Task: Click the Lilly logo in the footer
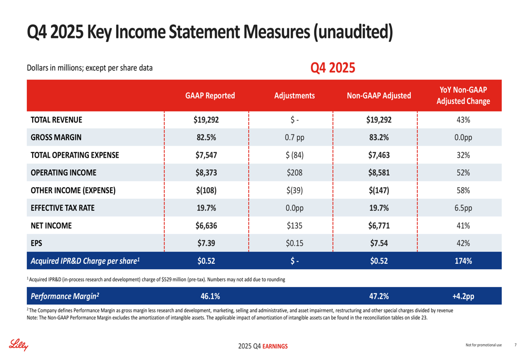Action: pos(18,345)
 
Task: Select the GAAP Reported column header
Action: pos(210,96)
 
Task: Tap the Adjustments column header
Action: pos(295,96)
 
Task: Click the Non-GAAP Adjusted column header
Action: pos(379,96)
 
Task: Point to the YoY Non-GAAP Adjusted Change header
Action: pos(463,96)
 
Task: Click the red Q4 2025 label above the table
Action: pos(333,68)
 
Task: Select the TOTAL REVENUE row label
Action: pos(56,120)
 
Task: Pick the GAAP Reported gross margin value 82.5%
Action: pos(206,137)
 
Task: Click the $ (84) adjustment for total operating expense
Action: pos(295,155)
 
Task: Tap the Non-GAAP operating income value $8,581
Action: pos(379,172)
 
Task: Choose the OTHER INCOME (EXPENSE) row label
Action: pos(73,190)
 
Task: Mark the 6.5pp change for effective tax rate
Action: pos(463,208)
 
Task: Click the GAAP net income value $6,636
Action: pos(206,225)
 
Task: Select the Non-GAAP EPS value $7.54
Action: pos(379,243)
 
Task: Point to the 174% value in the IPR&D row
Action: pos(463,261)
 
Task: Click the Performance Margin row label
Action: pos(65,296)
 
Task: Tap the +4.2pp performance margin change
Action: pos(463,296)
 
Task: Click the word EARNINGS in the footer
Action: pos(275,346)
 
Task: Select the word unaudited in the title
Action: pos(353,32)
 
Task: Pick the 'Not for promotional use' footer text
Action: pos(484,345)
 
